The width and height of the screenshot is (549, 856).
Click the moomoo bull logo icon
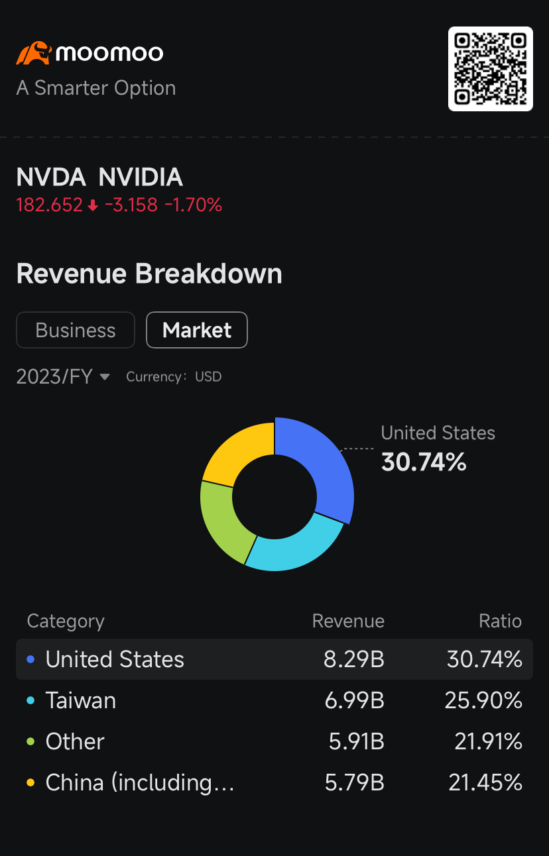point(33,53)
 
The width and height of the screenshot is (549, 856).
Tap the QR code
point(491,69)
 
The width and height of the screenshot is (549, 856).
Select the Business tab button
point(76,330)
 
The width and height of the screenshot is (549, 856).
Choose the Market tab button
point(197,330)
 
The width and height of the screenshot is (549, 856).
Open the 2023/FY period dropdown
point(63,377)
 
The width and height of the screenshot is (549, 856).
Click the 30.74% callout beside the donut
point(424,462)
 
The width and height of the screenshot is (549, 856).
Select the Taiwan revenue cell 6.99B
point(354,700)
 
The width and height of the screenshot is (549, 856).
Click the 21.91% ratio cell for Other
point(488,741)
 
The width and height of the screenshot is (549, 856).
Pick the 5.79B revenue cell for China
point(354,782)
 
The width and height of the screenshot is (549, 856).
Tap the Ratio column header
point(500,621)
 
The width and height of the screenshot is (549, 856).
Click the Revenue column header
point(348,621)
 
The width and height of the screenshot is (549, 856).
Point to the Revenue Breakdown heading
point(149,274)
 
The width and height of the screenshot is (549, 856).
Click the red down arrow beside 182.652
point(93,206)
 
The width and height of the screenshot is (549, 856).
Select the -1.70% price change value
point(193,205)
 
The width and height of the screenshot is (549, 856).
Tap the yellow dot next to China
point(30,782)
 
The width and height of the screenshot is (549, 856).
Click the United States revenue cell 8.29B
point(354,659)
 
